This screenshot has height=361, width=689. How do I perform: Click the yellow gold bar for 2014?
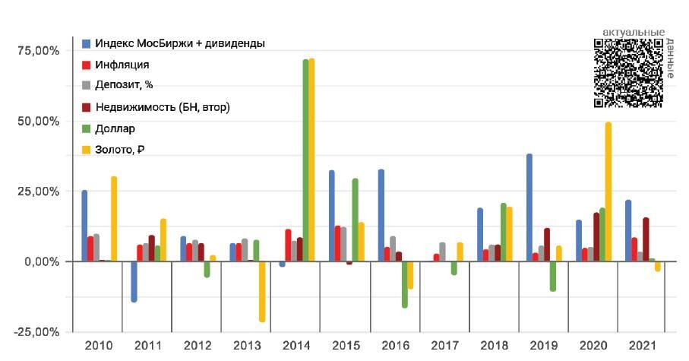[x=311, y=160]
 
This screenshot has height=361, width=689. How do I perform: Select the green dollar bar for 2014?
[x=305, y=160]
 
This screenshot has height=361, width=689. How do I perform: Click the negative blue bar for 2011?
[x=134, y=281]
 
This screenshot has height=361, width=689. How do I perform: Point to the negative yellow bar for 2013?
[x=262, y=291]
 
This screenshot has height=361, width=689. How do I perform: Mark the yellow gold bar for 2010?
[x=114, y=219]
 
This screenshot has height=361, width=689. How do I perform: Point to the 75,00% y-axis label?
[x=37, y=51]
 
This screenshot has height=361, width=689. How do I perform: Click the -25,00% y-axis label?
[x=36, y=332]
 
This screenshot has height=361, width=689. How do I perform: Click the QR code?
[x=627, y=73]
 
